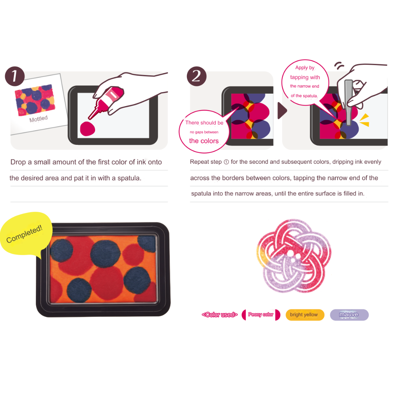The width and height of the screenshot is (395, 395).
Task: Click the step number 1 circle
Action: pos(15,76)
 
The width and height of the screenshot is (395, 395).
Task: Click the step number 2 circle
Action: pos(196,76)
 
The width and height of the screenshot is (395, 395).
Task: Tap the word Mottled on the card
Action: pos(38,118)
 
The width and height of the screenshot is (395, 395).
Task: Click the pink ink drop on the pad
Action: pos(87,129)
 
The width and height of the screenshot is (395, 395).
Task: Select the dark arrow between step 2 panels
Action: pos(282,110)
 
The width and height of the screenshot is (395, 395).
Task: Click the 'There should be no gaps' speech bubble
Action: pos(204,132)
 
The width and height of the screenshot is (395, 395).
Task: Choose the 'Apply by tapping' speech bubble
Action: pos(305,83)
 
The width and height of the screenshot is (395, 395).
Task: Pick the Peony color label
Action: pos(261,315)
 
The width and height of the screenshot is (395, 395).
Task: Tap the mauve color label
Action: pos(349,315)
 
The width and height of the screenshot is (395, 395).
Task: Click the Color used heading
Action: pos(220,315)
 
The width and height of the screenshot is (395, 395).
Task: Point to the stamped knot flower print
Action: pos(294,256)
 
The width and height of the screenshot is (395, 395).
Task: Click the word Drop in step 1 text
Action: pos(18,162)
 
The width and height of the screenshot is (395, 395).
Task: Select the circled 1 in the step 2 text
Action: pos(226,162)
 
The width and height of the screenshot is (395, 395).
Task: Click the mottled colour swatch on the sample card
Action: pos(35,100)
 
